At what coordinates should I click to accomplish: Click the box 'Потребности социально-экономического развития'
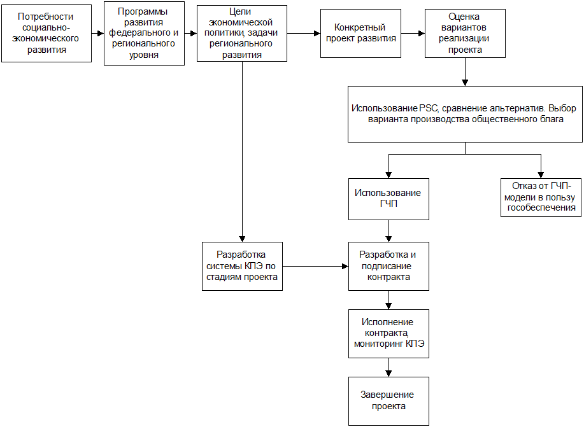coord(46,34)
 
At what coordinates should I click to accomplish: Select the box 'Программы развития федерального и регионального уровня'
coord(144,34)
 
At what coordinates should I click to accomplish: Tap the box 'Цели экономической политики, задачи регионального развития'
coord(242,34)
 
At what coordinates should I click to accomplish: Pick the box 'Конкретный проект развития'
coord(361,34)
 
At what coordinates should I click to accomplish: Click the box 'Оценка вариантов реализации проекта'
coord(465,34)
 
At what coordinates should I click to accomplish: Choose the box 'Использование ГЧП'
coord(389,199)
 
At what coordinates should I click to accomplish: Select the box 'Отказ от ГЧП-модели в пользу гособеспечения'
coord(541,198)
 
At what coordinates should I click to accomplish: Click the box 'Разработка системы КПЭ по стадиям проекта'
coord(243,267)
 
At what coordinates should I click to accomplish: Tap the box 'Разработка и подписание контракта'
coord(389,267)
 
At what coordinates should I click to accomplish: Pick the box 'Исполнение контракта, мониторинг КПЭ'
coord(389,334)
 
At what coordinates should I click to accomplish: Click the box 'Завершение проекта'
coord(389,402)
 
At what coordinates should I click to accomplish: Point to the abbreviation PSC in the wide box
coord(429,108)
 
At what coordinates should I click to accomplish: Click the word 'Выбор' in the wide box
coord(562,108)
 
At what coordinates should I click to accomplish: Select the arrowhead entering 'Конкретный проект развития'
coord(317,34)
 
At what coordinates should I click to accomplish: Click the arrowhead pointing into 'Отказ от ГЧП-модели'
coord(541,175)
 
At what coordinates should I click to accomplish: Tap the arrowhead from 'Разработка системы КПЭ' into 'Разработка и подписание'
coord(345,267)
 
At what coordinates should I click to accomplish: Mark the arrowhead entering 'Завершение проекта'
coord(389,374)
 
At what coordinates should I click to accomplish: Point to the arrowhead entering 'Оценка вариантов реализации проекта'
coord(422,34)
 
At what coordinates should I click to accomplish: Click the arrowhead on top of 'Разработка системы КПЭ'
coord(243,239)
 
